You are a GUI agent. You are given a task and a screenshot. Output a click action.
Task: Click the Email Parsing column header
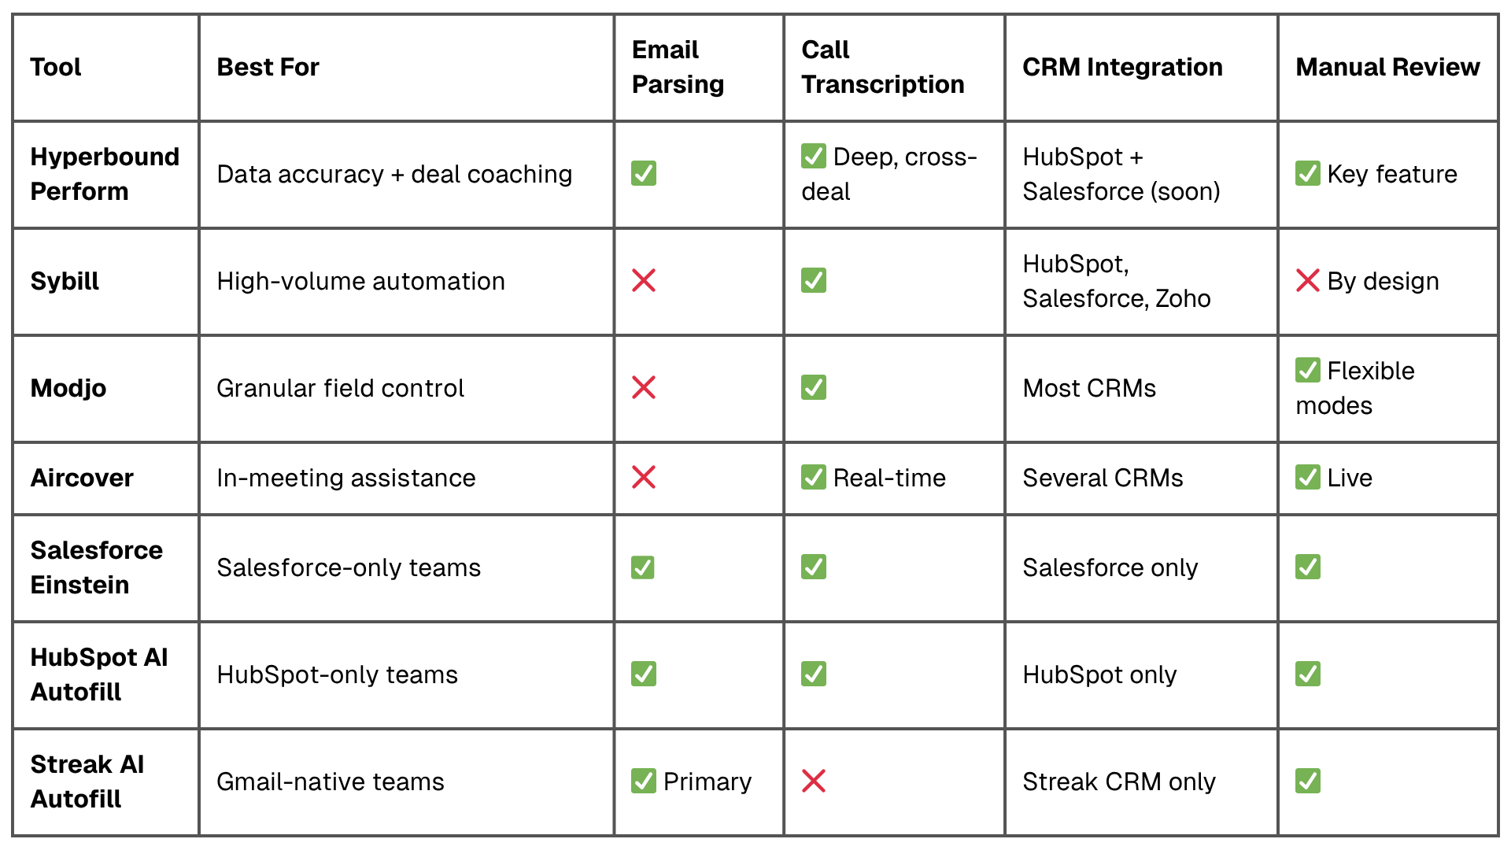tap(678, 67)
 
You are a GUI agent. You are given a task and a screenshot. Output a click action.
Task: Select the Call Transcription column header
tap(882, 67)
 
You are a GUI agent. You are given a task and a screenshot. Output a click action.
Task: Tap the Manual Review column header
tap(1387, 67)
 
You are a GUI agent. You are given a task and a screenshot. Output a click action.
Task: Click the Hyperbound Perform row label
tap(105, 174)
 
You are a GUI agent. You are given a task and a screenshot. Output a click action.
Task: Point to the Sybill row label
tap(65, 281)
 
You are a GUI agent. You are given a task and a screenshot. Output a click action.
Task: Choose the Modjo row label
tap(68, 388)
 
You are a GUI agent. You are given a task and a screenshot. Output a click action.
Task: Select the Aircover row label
tap(82, 478)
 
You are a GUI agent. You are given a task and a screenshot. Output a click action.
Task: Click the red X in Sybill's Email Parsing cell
tap(644, 280)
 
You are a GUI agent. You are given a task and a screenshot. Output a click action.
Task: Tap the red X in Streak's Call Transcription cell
tap(814, 781)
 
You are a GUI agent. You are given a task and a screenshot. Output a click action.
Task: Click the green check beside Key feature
tap(1308, 173)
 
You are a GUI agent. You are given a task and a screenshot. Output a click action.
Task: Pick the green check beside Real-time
tap(814, 477)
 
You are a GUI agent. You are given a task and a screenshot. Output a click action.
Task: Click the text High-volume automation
tap(360, 281)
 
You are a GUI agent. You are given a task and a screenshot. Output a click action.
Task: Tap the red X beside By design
tap(1308, 280)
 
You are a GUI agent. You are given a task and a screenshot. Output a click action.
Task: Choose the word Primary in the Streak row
tap(707, 782)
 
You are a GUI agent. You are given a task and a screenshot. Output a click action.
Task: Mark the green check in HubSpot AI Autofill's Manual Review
tap(1308, 674)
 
